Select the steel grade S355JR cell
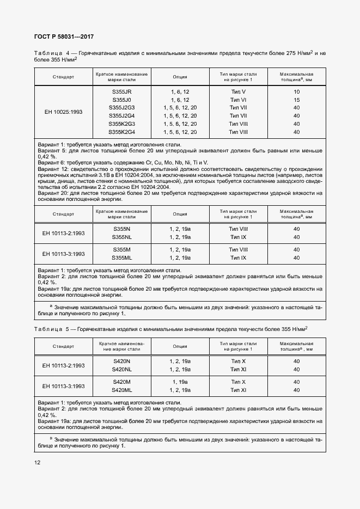pos(121,92)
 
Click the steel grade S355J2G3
pos(121,108)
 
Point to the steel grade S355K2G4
pos(121,132)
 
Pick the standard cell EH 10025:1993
pos(64,112)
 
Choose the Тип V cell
pos(239,92)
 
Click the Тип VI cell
pos(239,100)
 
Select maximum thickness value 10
pos(296,92)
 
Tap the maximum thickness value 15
pos(296,100)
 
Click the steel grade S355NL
pos(121,237)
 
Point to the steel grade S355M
pos(121,249)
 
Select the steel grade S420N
pos(121,361)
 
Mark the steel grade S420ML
pos(121,390)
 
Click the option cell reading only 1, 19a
pos(180,382)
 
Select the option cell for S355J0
pos(180,100)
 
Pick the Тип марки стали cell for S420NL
pos(239,369)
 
